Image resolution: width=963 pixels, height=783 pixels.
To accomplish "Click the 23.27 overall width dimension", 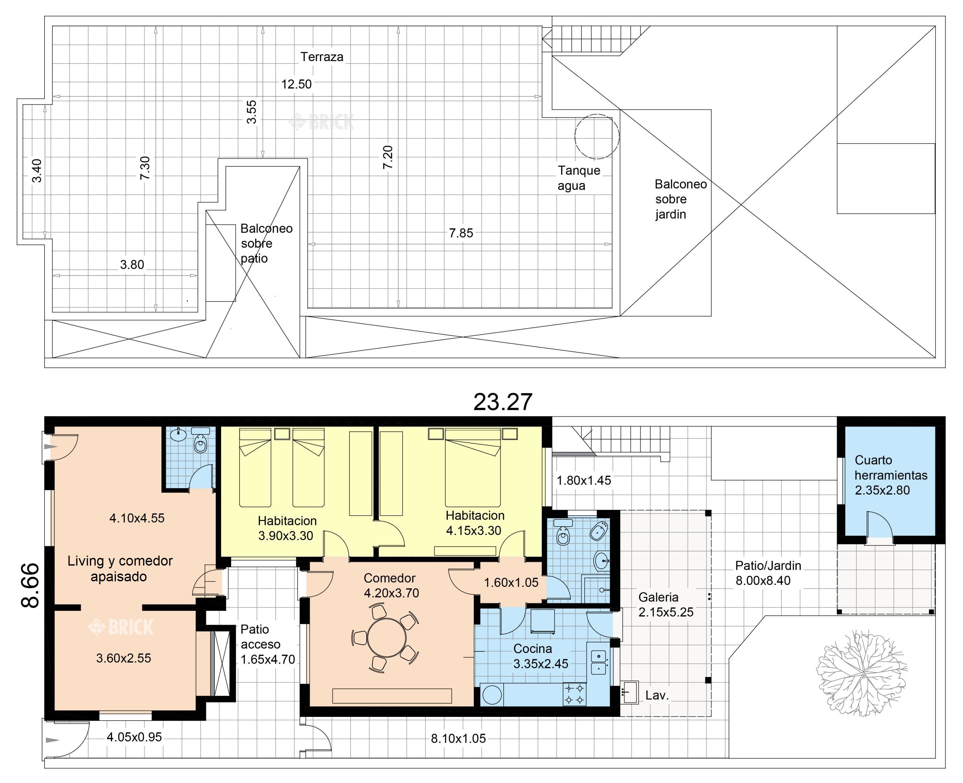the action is click(503, 401).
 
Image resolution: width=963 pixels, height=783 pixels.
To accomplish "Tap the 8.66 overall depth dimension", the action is click(31, 585).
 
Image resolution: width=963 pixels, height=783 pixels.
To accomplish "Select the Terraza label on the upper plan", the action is click(322, 57).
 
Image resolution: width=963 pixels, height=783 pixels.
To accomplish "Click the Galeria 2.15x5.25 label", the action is click(665, 605).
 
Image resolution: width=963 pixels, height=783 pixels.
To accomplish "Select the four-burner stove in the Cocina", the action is click(574, 694).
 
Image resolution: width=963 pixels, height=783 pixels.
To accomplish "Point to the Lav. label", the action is click(657, 695).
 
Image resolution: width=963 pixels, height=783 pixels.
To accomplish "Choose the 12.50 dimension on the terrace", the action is click(296, 84).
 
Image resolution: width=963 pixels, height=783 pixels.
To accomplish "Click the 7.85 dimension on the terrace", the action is click(461, 233).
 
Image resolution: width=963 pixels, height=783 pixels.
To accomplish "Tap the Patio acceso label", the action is click(261, 637).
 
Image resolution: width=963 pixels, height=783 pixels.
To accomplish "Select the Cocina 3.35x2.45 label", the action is click(541, 656).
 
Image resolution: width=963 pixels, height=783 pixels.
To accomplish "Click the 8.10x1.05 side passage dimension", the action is click(458, 739).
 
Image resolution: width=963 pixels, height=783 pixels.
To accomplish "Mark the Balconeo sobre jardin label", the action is click(680, 199).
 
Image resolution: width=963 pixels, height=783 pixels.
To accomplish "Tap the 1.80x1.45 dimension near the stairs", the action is click(584, 480).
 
